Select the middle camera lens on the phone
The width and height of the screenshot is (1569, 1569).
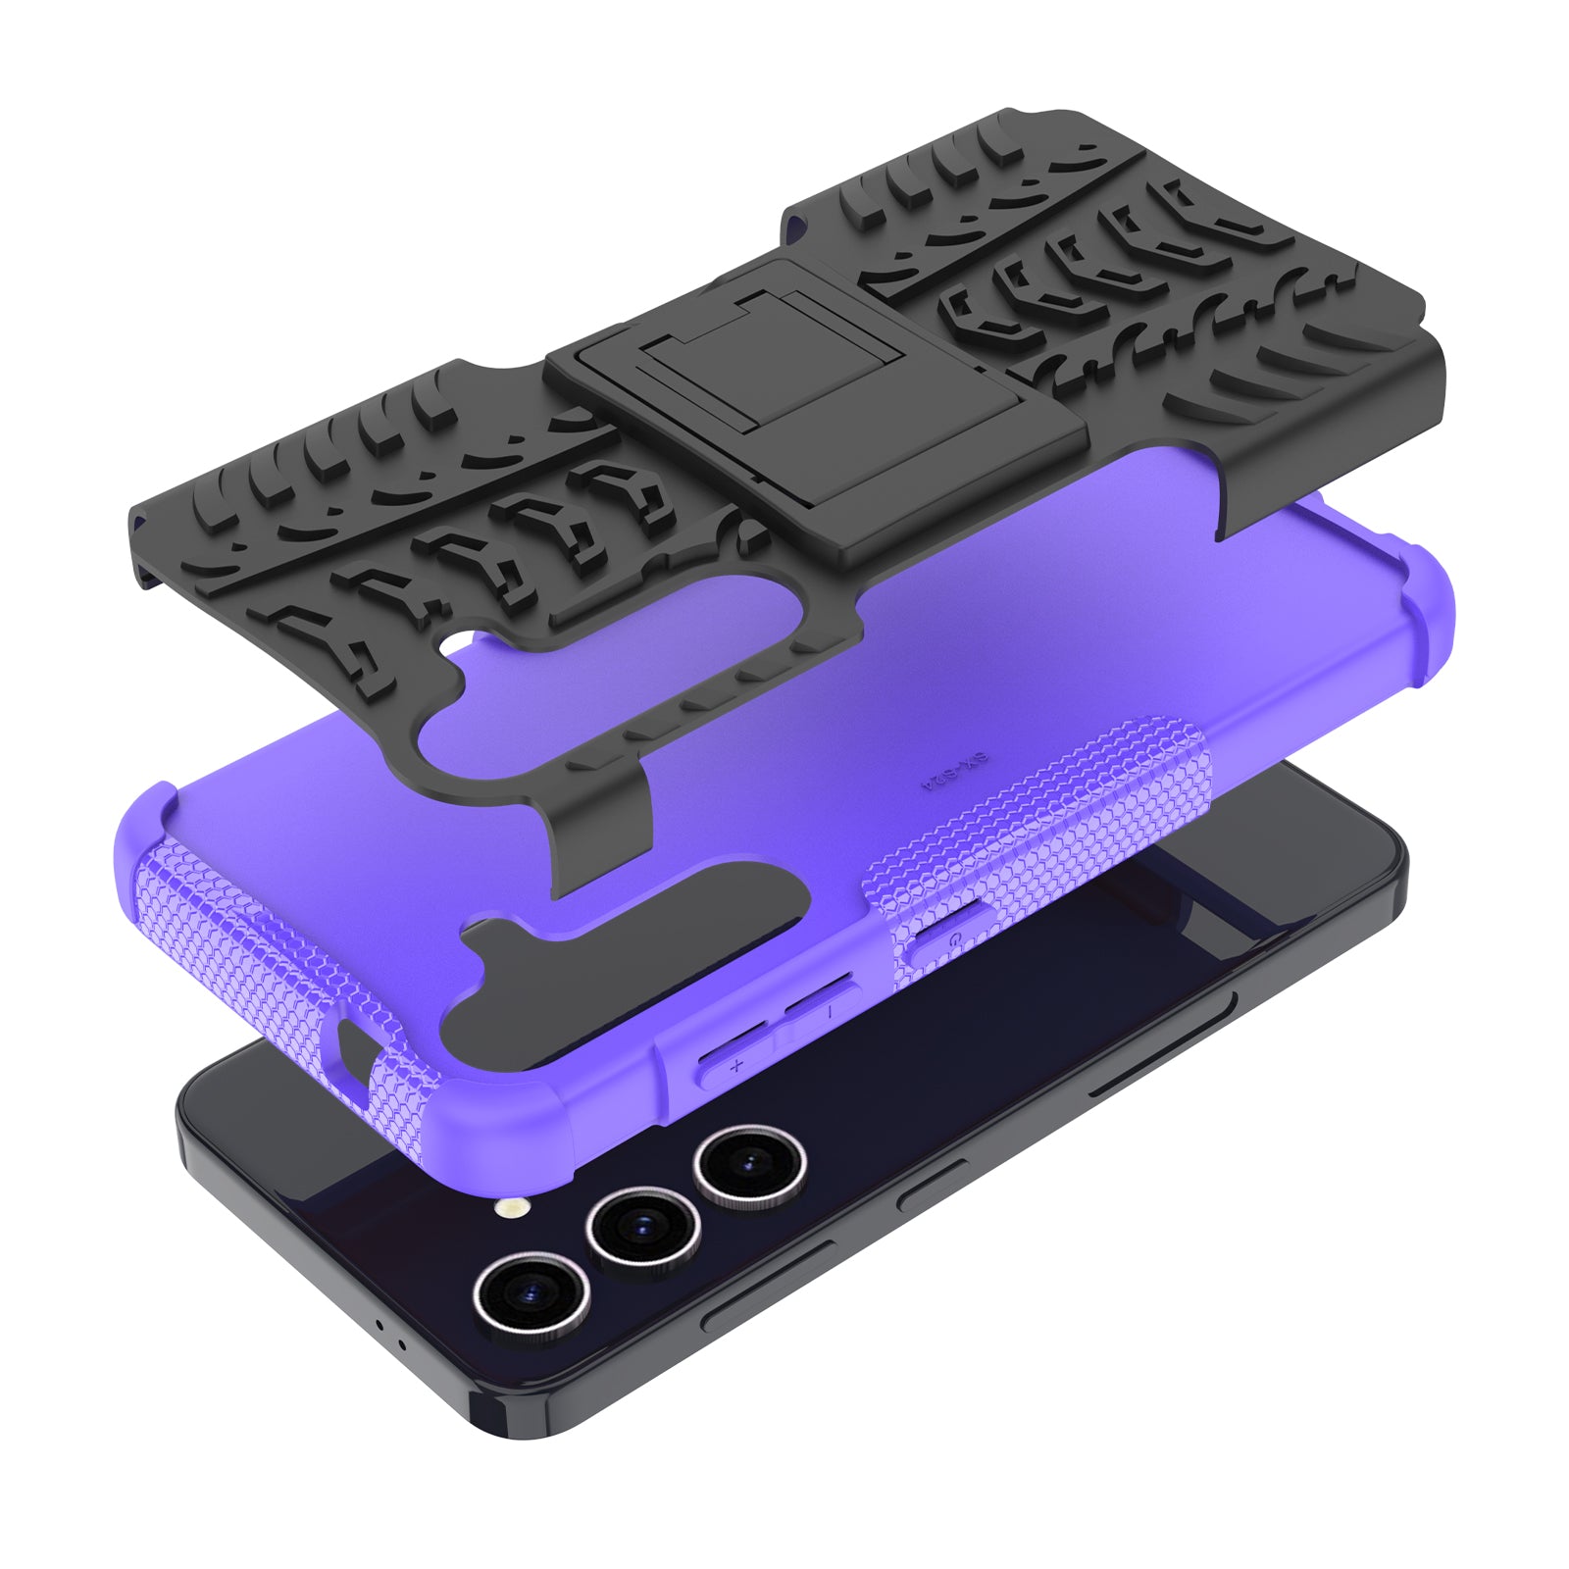(x=642, y=1226)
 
